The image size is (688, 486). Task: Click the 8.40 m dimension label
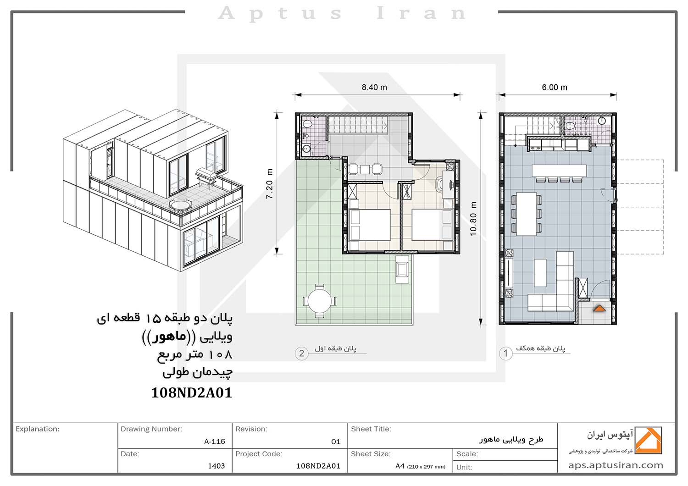(x=374, y=88)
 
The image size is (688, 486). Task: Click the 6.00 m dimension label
(x=555, y=88)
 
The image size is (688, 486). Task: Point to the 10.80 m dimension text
(x=473, y=219)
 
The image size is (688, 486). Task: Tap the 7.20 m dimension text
(x=269, y=183)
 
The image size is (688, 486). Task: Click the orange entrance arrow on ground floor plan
(x=599, y=308)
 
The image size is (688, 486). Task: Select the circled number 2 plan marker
(x=301, y=353)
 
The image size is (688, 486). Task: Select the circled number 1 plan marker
(x=505, y=353)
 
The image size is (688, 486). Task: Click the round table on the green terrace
(x=319, y=301)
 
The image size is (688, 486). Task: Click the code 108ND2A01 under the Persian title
(x=192, y=392)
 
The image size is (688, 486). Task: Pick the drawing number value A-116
(x=215, y=442)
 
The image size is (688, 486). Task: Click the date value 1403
(x=216, y=466)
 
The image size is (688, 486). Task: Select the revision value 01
(x=336, y=442)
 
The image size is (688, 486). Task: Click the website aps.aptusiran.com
(x=616, y=465)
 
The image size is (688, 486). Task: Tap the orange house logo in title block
(x=648, y=440)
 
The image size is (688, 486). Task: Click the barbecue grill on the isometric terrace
(x=206, y=177)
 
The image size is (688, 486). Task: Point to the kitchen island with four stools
(x=559, y=174)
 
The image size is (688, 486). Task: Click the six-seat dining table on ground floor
(x=526, y=214)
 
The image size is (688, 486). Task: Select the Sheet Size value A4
(x=400, y=466)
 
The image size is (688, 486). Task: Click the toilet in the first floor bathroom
(x=307, y=124)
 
